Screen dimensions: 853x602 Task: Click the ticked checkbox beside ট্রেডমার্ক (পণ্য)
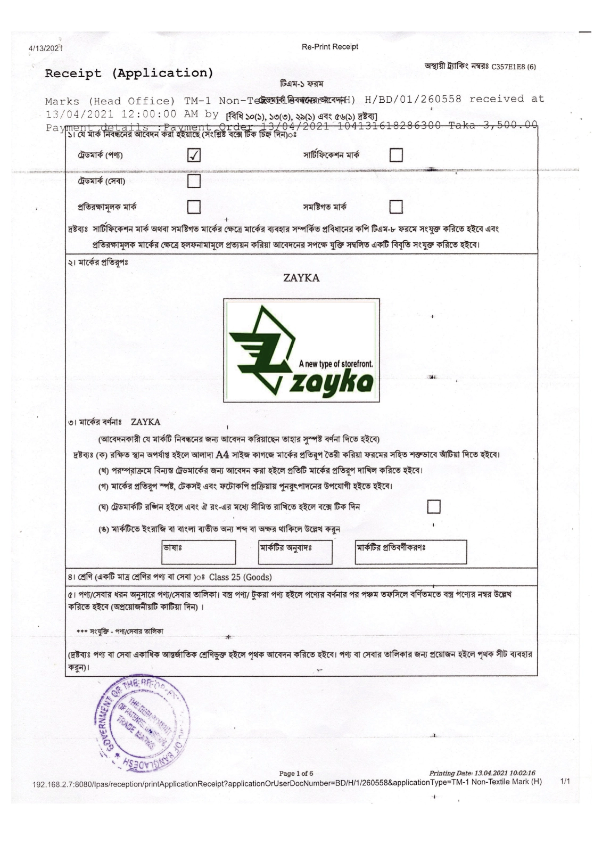click(x=194, y=155)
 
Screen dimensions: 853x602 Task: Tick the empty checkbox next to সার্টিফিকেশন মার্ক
click(x=396, y=155)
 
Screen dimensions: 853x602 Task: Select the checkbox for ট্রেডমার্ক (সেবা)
click(x=194, y=181)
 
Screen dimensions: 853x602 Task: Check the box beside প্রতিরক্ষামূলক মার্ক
click(x=194, y=207)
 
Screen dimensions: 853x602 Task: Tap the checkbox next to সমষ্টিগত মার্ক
click(x=396, y=207)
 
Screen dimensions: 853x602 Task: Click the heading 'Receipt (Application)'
click(x=129, y=73)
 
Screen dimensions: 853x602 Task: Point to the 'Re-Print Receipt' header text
click(x=329, y=47)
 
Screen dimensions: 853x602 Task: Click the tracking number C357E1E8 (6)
click(x=513, y=67)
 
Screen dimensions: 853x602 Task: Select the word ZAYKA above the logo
click(x=301, y=278)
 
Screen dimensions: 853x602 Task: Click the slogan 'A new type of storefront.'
click(x=336, y=364)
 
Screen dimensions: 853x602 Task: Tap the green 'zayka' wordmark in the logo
click(x=331, y=384)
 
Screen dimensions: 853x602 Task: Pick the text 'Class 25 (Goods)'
click(x=240, y=577)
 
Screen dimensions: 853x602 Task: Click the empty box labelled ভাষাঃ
click(x=199, y=552)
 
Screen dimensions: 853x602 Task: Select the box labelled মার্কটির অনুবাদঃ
click(x=295, y=552)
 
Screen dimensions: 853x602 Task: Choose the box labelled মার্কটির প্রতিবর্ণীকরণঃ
click(x=411, y=552)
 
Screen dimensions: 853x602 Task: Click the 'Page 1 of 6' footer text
click(x=296, y=773)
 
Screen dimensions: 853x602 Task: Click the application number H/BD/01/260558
click(x=413, y=99)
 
